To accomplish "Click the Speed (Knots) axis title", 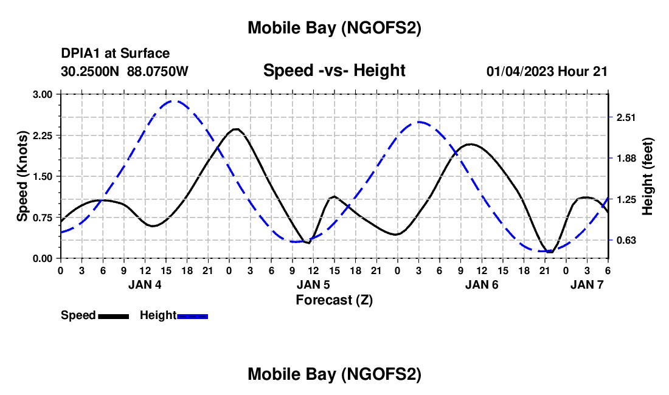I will click(22, 176).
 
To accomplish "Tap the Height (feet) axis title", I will click(647, 176).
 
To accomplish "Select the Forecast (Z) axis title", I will click(334, 300).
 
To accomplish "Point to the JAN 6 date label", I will click(482, 284).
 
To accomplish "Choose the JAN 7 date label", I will click(586, 284).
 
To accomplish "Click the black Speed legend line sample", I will click(113, 316).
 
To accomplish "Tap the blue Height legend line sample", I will click(192, 316).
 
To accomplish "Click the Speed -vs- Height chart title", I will click(334, 70).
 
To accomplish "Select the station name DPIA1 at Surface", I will click(116, 54).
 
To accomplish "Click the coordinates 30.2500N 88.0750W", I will click(125, 71).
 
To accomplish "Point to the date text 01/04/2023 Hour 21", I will click(547, 71).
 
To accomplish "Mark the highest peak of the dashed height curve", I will click(175, 101).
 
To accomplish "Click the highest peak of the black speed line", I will click(235, 129).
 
